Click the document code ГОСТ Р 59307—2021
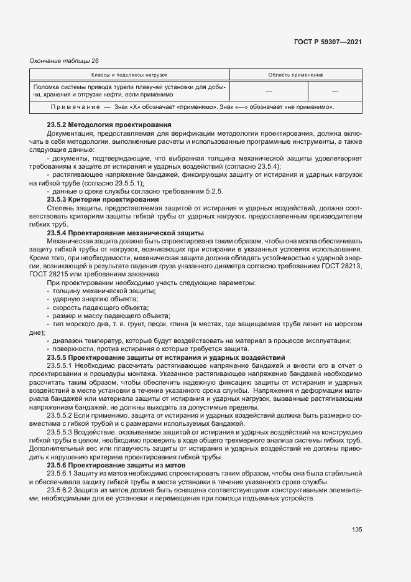point(328,42)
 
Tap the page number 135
point(356,530)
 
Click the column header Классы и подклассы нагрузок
point(130,75)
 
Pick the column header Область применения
point(295,75)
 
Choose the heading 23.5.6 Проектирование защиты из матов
point(119,465)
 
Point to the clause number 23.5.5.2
point(60,414)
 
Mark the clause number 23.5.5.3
point(60,431)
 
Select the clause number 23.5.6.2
point(60,490)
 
